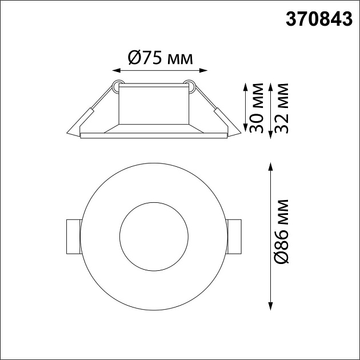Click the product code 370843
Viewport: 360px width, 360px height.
[319, 19]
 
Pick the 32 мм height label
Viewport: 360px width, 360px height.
[280, 109]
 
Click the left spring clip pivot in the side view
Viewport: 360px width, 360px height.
[117, 86]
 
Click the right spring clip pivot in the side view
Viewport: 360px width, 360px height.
[190, 86]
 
